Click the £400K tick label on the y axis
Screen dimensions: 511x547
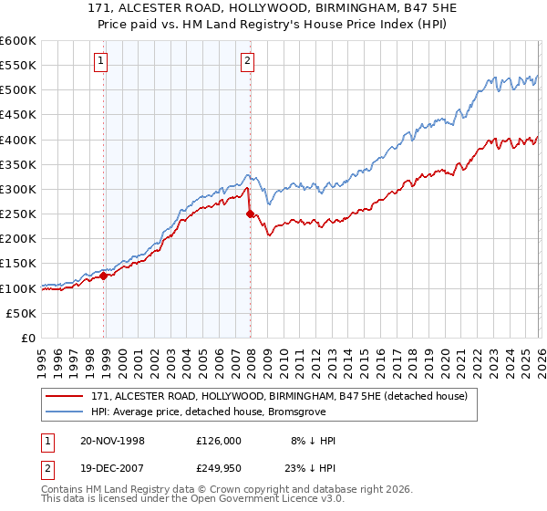pos(18,140)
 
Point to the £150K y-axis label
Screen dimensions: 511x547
pos(18,264)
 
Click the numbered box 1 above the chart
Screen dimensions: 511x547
pos(99,62)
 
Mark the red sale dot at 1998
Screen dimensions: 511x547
pos(104,275)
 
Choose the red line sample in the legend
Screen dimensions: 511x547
pos(65,396)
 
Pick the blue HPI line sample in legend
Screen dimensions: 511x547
pos(65,413)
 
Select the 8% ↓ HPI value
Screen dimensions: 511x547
pos(312,441)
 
